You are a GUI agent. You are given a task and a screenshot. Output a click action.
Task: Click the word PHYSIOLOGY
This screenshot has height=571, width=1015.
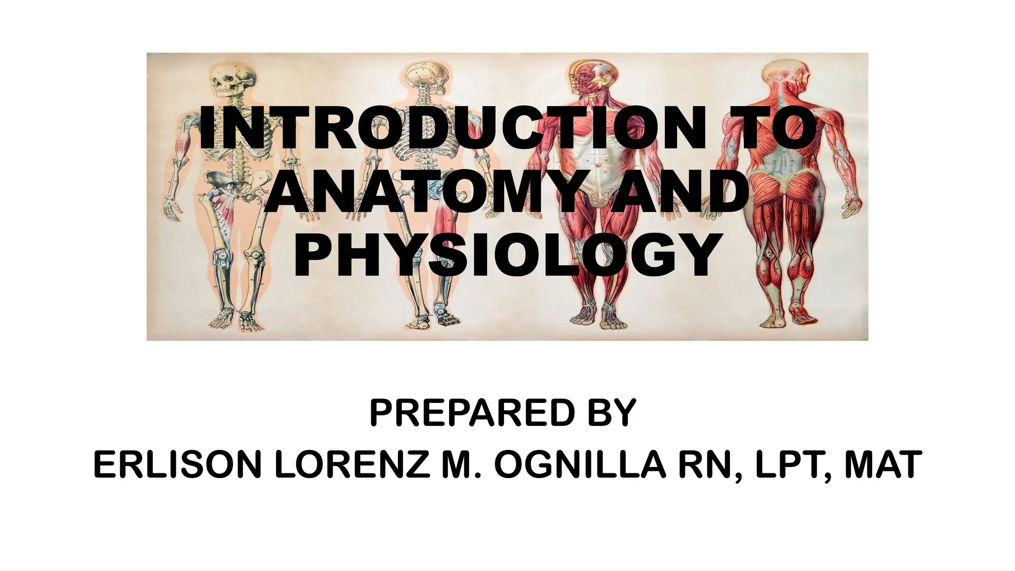click(507, 256)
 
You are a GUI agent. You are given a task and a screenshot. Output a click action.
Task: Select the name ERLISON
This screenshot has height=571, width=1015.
click(177, 465)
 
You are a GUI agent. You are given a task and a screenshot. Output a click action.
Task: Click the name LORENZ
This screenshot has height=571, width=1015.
click(352, 465)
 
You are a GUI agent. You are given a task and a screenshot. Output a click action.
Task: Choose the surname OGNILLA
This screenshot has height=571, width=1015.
click(580, 465)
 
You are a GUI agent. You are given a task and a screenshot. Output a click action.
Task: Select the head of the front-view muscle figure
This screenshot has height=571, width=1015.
click(592, 77)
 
